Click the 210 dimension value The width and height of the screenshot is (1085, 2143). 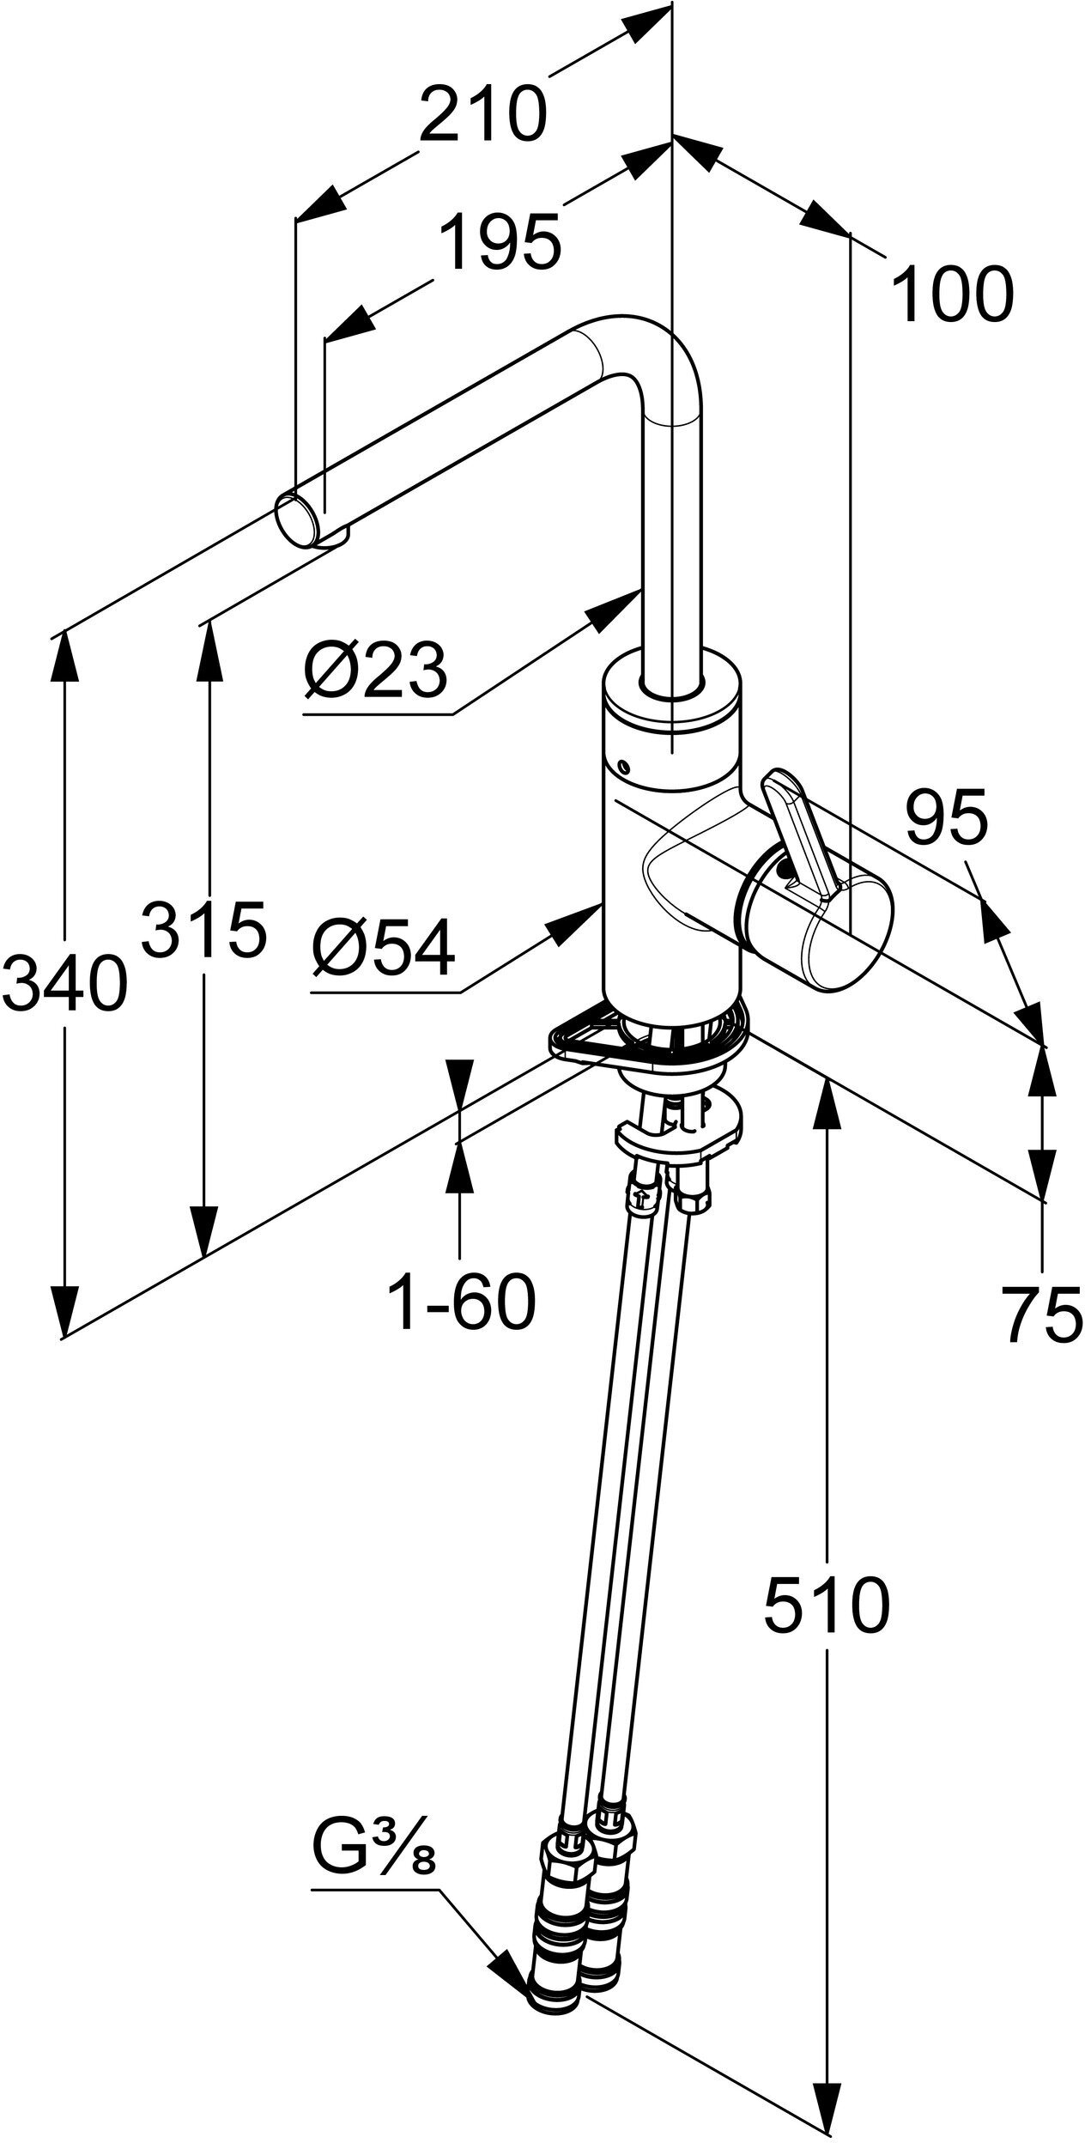[x=482, y=114]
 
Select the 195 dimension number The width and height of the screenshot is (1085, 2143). [x=500, y=242]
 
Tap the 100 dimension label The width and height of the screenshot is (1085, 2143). [x=952, y=295]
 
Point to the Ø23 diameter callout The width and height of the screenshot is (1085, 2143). [x=375, y=669]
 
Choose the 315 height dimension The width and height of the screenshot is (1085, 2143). [x=203, y=928]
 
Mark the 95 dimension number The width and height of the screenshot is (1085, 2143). [x=946, y=820]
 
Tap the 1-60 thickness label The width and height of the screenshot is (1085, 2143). [x=462, y=1302]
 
